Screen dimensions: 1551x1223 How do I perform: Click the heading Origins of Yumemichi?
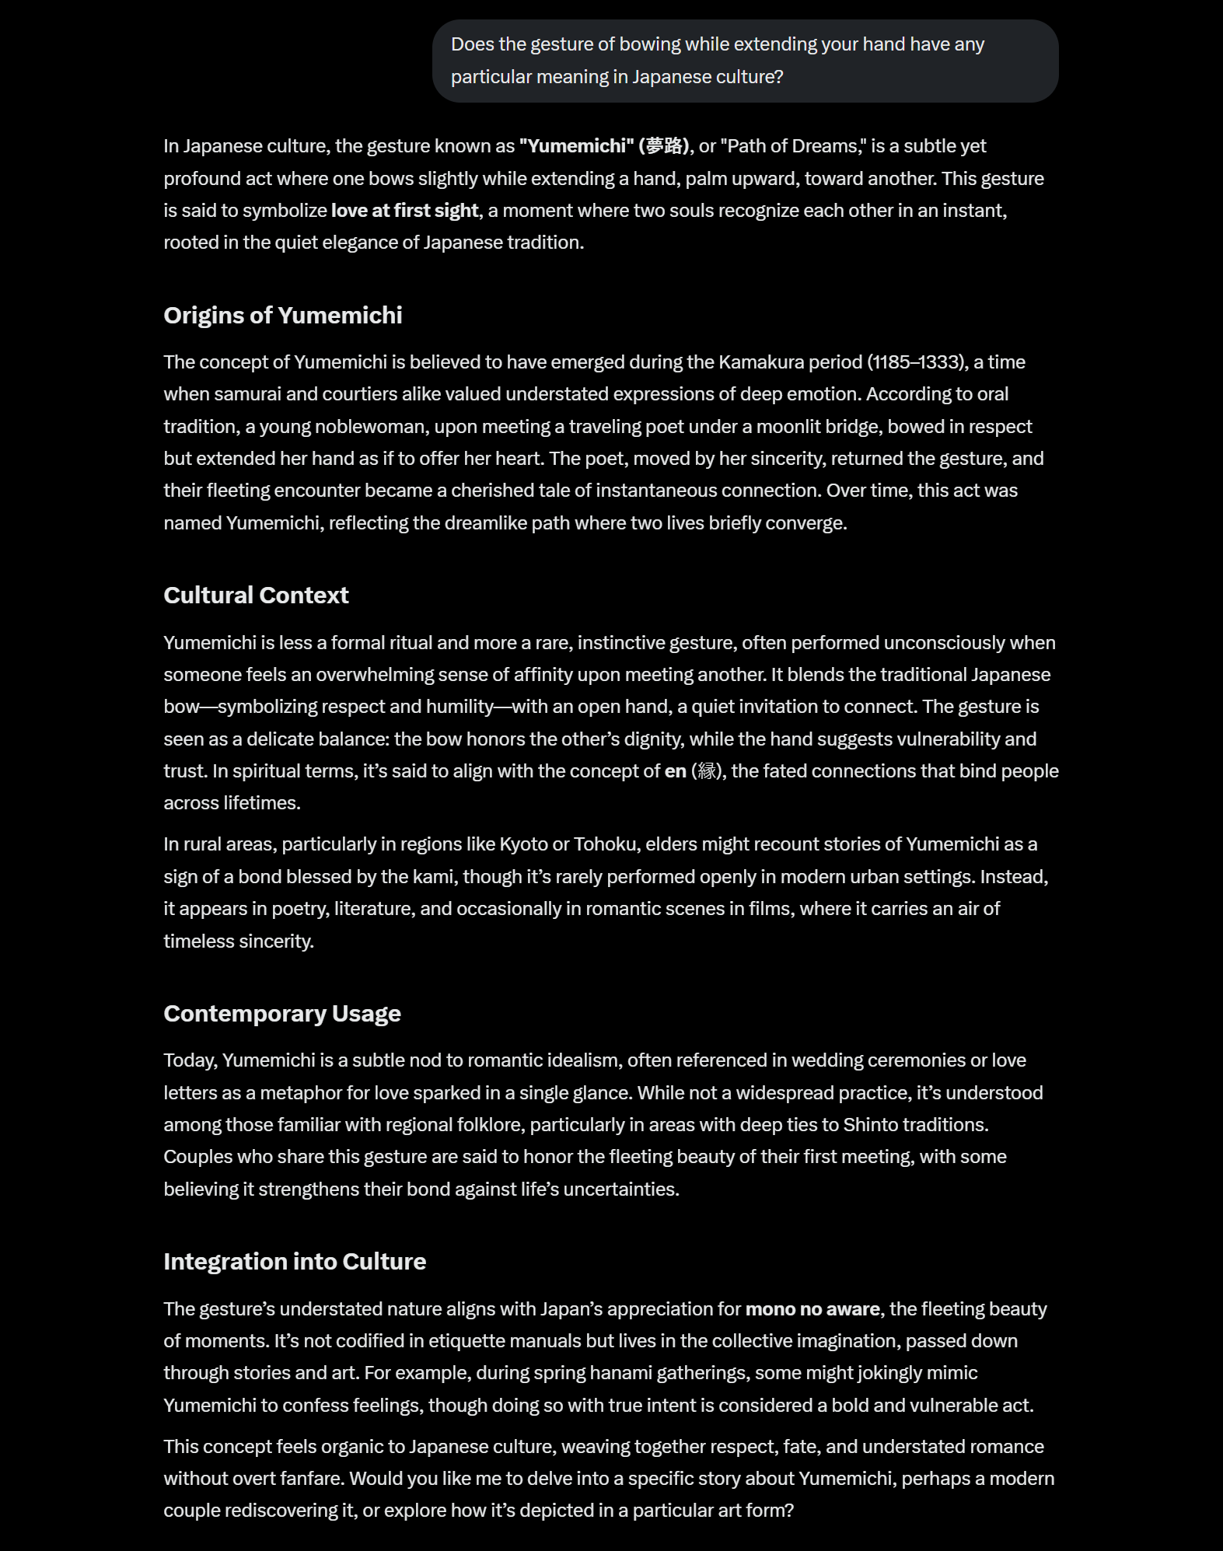pos(282,316)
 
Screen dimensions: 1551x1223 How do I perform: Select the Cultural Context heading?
pos(256,596)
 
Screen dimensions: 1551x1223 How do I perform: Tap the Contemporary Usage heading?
pos(281,1014)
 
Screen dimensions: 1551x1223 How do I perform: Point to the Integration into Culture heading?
pos(295,1262)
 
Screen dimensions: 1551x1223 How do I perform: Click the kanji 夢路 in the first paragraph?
pos(665,146)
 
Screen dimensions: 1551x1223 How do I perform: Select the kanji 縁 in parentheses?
pos(707,771)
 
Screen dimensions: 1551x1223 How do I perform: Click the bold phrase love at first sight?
pos(404,211)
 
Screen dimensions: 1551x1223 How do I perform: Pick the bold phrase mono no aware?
pos(812,1309)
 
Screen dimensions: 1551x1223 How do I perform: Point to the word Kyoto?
pos(523,844)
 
